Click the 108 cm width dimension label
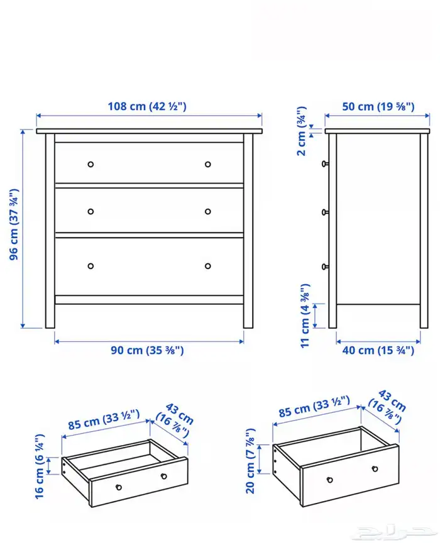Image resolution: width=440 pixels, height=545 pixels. tap(147, 106)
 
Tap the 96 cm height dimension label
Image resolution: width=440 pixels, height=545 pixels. tap(14, 224)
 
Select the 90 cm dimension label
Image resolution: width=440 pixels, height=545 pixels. tap(147, 350)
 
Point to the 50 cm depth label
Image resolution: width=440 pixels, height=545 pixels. tap(378, 106)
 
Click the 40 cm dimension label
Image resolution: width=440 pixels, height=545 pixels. tap(378, 350)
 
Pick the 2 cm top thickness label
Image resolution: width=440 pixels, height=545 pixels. tap(301, 131)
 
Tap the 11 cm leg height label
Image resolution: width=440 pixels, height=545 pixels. tap(305, 316)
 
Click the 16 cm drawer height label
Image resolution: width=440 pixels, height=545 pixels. tap(40, 466)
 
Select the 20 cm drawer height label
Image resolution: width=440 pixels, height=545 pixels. tap(251, 461)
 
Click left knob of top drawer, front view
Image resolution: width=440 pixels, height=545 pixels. tap(91, 164)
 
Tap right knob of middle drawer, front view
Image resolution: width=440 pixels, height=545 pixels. tap(208, 211)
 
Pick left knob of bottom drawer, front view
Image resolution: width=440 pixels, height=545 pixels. tap(91, 266)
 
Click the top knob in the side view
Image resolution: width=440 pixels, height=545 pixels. tap(325, 163)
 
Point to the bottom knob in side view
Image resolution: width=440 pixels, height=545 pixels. tap(325, 267)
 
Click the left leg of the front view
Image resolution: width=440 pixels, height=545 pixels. tap(50, 231)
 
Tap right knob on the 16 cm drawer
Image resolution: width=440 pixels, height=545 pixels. tap(163, 476)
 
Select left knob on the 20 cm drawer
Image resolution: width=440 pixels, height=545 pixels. tap(330, 480)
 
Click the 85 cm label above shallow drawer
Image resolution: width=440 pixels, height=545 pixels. tap(104, 419)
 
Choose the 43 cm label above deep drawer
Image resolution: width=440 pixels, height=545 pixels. tap(387, 405)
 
